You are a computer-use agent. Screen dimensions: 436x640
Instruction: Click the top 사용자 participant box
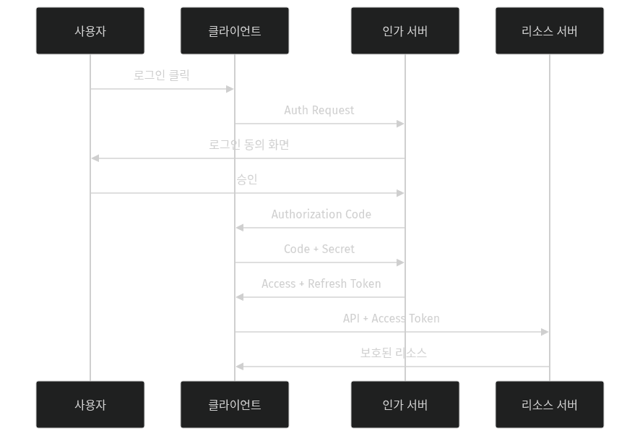[90, 31]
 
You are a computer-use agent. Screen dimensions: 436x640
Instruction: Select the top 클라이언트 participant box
[235, 31]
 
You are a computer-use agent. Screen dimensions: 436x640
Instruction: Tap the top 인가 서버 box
[405, 31]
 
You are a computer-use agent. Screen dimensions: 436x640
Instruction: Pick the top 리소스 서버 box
[550, 31]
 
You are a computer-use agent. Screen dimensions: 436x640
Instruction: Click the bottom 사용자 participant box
[90, 405]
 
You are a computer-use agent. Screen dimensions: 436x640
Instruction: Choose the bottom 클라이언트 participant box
[235, 405]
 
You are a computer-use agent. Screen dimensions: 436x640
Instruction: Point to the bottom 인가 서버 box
[405, 405]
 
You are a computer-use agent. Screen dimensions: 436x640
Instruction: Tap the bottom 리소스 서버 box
[550, 405]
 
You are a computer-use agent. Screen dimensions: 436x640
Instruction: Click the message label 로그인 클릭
[162, 75]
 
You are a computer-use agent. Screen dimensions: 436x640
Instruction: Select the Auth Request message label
[319, 110]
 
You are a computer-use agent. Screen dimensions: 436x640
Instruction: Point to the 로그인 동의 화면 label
[249, 145]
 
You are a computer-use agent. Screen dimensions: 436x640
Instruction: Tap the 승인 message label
[247, 179]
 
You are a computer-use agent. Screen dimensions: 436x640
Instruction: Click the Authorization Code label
[321, 214]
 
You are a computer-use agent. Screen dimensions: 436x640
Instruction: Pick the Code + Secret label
[319, 249]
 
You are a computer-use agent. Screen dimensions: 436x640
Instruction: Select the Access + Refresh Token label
[321, 283]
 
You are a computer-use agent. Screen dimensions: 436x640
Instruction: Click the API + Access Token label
[391, 318]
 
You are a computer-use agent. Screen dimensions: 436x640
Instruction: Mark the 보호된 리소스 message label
[394, 353]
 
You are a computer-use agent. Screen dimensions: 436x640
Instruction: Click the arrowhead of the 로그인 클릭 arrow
[230, 89]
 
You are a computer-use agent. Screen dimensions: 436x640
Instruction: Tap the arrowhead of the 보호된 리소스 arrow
[239, 367]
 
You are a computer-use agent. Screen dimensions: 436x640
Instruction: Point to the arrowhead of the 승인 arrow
[401, 193]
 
